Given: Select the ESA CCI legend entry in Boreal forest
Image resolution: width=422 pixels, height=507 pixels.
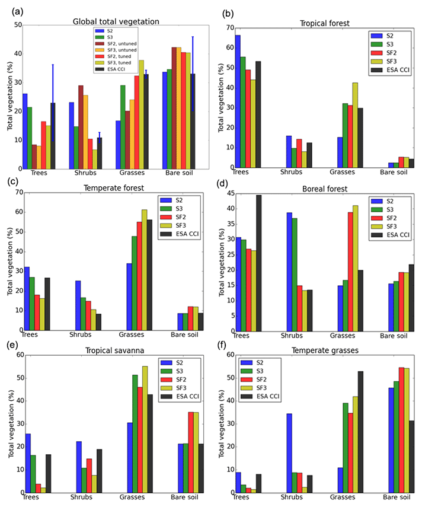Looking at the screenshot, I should (389, 235).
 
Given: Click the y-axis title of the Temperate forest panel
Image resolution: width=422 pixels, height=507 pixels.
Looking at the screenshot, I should (10, 261).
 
